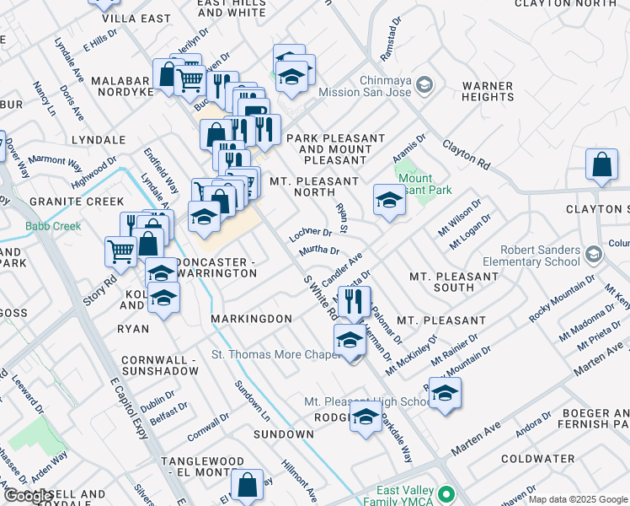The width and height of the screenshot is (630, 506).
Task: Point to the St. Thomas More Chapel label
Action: (275, 354)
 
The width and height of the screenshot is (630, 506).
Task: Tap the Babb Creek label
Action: (53, 226)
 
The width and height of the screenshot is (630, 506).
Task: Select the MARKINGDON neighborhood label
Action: (251, 319)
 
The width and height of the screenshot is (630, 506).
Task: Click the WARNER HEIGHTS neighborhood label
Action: (488, 92)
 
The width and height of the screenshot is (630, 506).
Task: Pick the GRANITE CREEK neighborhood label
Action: (65, 202)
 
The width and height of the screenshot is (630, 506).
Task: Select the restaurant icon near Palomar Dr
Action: (354, 301)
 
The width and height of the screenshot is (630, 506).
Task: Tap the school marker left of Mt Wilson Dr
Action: (388, 201)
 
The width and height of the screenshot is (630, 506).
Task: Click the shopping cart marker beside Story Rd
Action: (120, 250)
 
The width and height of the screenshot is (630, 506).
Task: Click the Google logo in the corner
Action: (27, 497)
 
